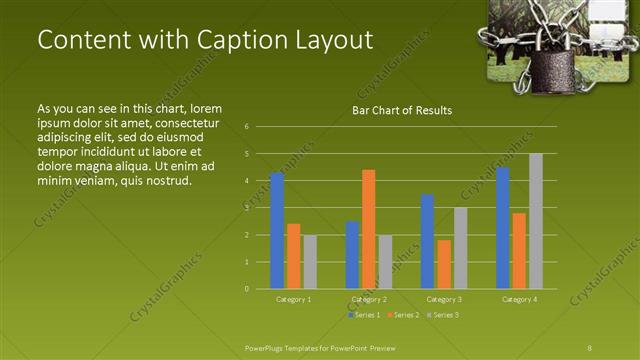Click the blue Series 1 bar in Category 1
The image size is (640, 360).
pyautogui.click(x=277, y=231)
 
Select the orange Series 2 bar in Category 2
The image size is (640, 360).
pyautogui.click(x=369, y=229)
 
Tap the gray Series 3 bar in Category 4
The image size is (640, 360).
pyautogui.click(x=536, y=221)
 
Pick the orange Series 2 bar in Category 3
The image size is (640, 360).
pyautogui.click(x=444, y=264)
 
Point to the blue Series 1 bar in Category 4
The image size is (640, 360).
pyautogui.click(x=503, y=228)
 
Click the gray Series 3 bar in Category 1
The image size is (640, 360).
pyautogui.click(x=310, y=262)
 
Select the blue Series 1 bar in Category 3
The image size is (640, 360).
pyautogui.click(x=428, y=242)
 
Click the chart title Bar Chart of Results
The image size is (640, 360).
pyautogui.click(x=402, y=110)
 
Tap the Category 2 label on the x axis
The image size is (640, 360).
pyautogui.click(x=369, y=299)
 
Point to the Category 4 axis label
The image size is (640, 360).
pyautogui.click(x=519, y=299)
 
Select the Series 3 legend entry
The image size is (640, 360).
pyautogui.click(x=442, y=315)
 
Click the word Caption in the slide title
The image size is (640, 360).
pyautogui.click(x=214, y=39)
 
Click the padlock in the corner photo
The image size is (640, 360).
pyautogui.click(x=548, y=72)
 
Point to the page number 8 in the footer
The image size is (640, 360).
pyautogui.click(x=590, y=346)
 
